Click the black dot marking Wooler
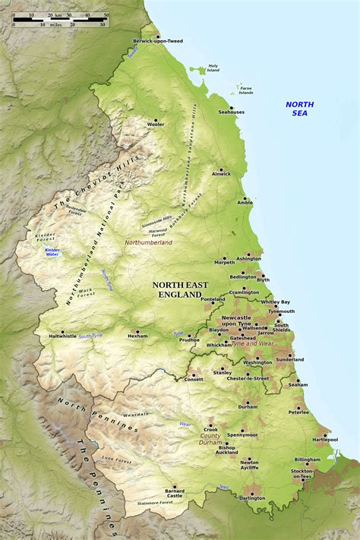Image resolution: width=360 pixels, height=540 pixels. click(156, 119)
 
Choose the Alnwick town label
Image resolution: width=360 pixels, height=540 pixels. click(221, 175)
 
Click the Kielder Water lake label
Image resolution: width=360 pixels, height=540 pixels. click(52, 251)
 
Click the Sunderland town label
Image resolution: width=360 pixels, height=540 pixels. click(289, 359)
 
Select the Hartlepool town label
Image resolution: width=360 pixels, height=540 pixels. click(324, 439)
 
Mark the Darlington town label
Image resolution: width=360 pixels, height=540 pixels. click(252, 498)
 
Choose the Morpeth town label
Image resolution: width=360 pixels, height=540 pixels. click(225, 262)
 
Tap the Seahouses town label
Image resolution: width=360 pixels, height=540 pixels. click(232, 112)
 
